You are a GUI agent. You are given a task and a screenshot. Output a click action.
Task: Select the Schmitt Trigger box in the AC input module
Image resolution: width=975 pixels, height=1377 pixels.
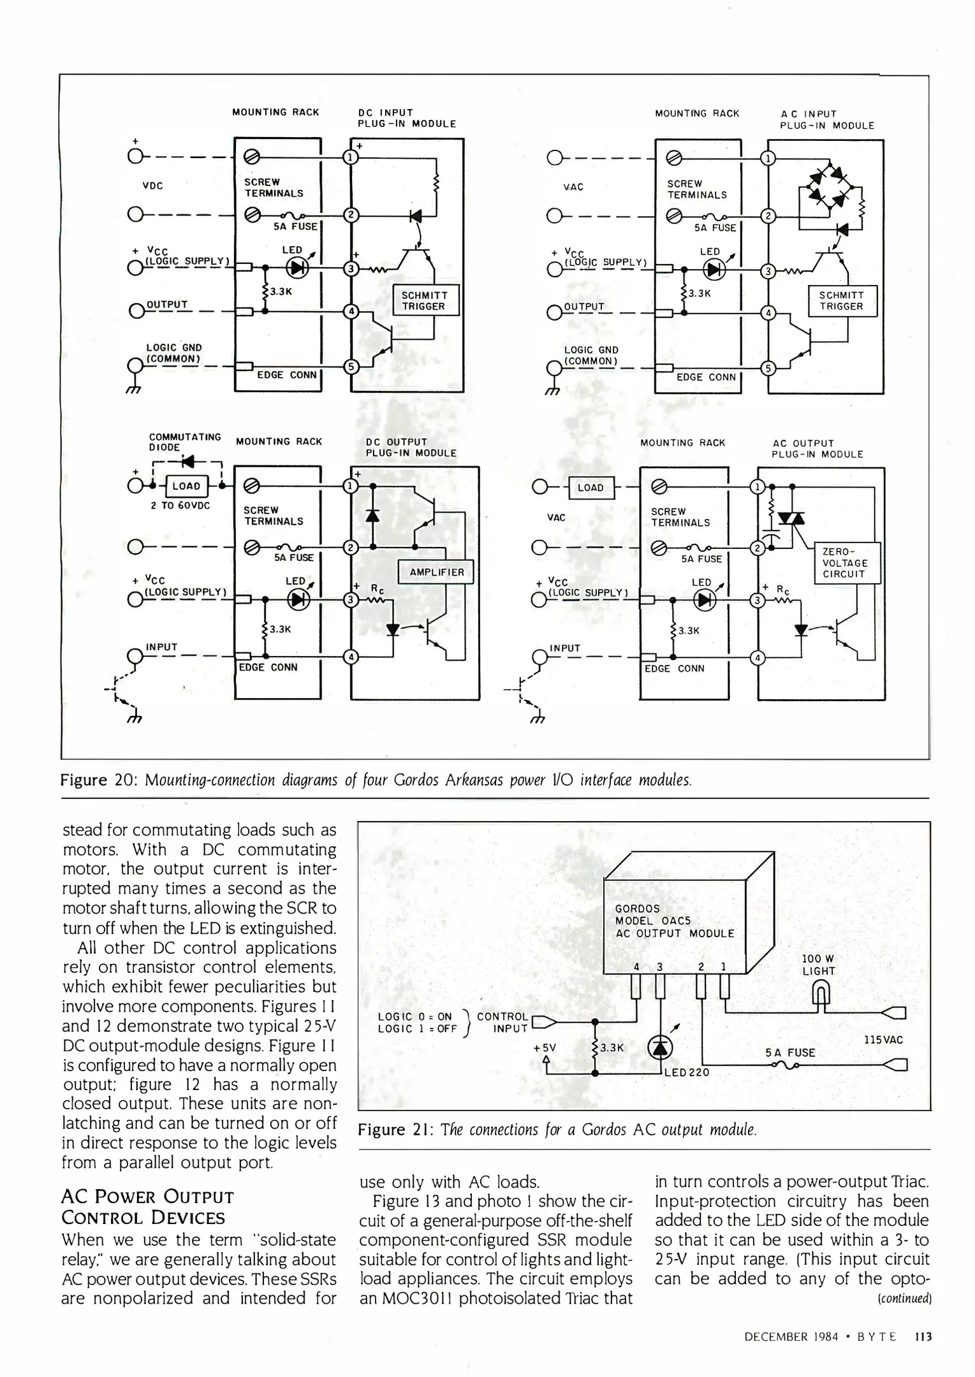842,301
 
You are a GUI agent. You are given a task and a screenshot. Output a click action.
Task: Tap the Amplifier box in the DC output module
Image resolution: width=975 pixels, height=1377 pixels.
436,572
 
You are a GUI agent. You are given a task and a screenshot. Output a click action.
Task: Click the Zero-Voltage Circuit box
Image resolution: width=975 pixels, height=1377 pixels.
846,563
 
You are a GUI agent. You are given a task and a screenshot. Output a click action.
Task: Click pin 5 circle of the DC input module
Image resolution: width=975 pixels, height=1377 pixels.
351,367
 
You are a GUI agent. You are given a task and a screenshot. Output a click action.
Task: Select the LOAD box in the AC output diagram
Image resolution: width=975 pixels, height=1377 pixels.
590,488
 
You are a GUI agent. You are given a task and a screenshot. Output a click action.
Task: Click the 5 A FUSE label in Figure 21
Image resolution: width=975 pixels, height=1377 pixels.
790,1053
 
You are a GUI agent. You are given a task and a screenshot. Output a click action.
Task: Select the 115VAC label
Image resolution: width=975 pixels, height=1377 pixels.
883,1040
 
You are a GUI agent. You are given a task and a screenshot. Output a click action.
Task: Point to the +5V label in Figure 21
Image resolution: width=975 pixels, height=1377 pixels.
545,1047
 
